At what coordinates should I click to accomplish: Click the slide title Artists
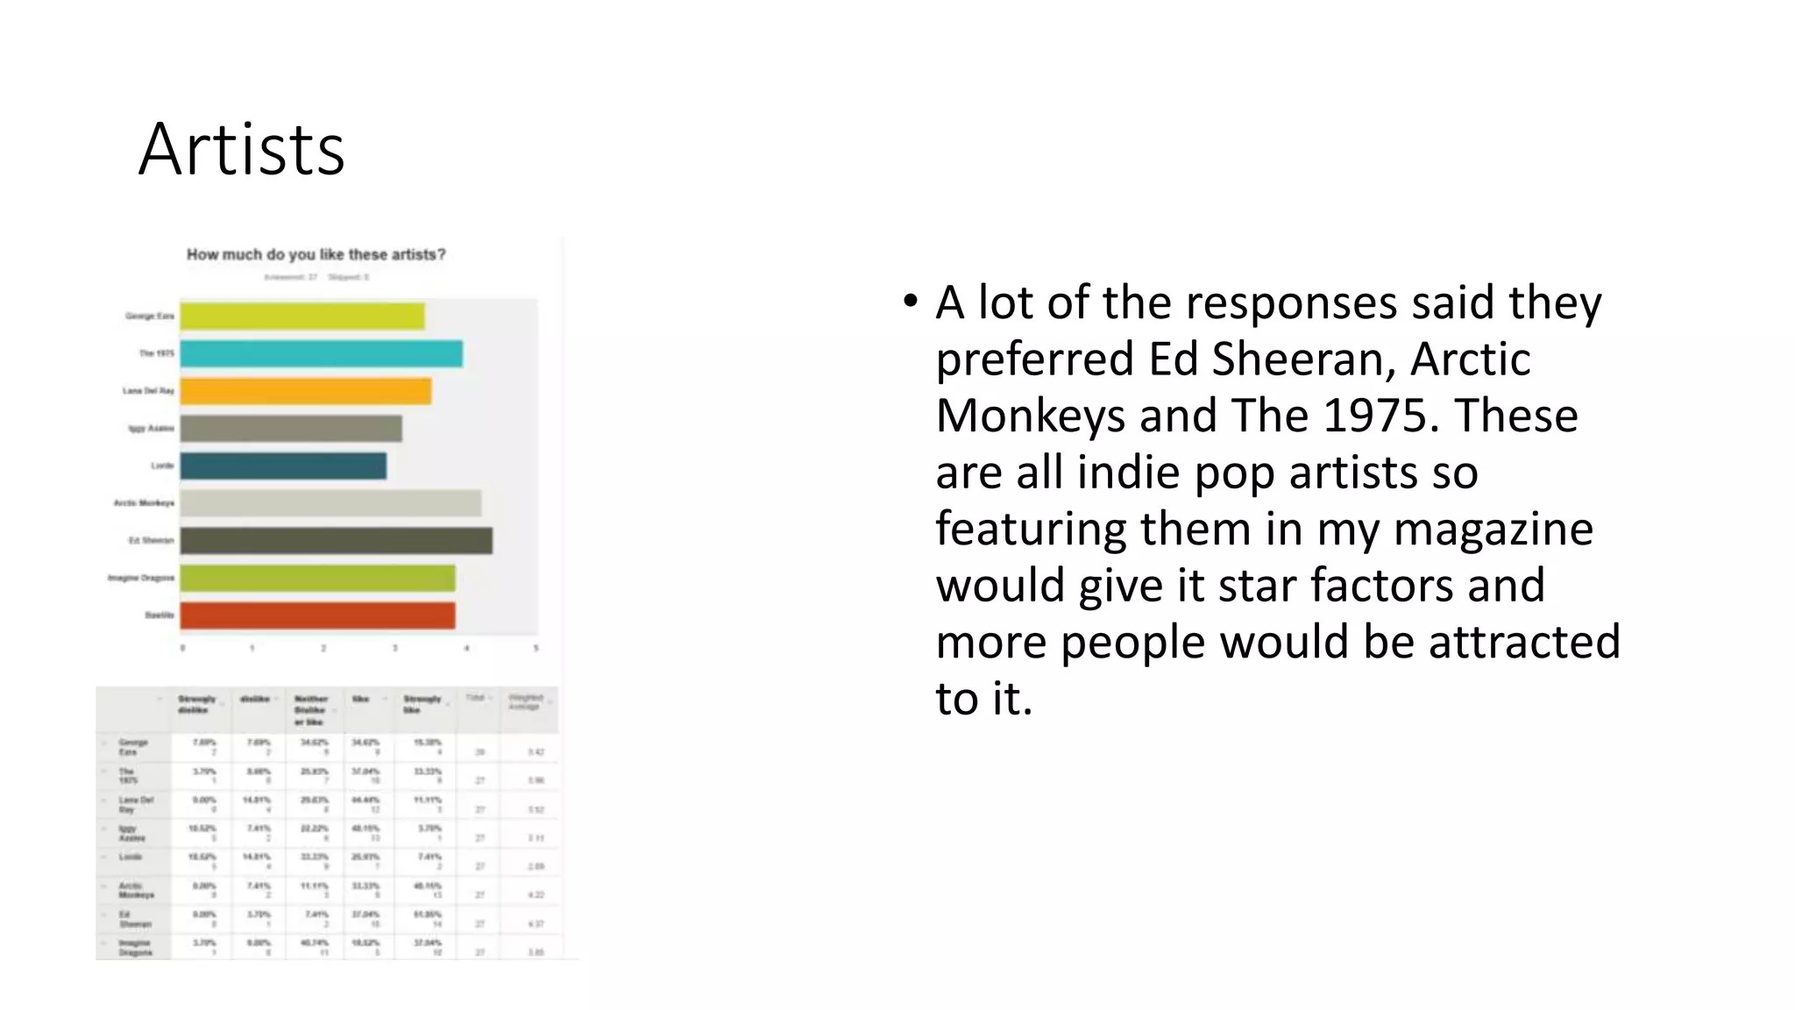(241, 150)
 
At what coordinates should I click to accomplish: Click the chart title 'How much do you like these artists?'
(316, 255)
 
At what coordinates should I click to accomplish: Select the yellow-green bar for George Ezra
(302, 317)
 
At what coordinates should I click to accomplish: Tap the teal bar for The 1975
(321, 354)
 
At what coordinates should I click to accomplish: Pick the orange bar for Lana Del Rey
(305, 391)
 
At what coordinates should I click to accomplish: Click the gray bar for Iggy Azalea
(291, 429)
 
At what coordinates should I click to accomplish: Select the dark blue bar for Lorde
(283, 466)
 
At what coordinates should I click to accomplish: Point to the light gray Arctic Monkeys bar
(330, 503)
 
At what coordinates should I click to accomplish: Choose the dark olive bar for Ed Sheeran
(337, 541)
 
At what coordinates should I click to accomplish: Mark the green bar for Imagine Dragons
(317, 579)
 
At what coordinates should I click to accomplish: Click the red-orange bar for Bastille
(317, 615)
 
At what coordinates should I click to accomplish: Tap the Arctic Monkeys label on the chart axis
(144, 503)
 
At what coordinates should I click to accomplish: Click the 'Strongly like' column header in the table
(422, 704)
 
